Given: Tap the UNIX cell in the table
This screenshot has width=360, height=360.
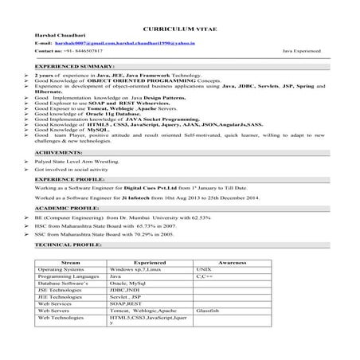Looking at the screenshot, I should (205, 269).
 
